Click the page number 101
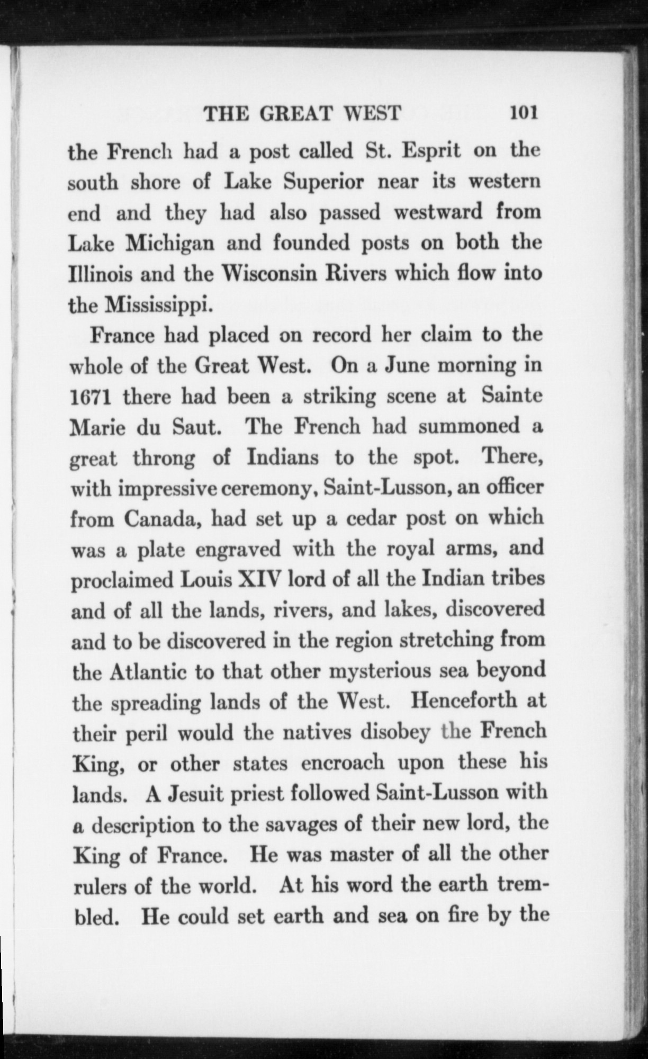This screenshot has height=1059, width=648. pyautogui.click(x=523, y=113)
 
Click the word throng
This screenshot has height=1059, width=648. pyautogui.click(x=164, y=458)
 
